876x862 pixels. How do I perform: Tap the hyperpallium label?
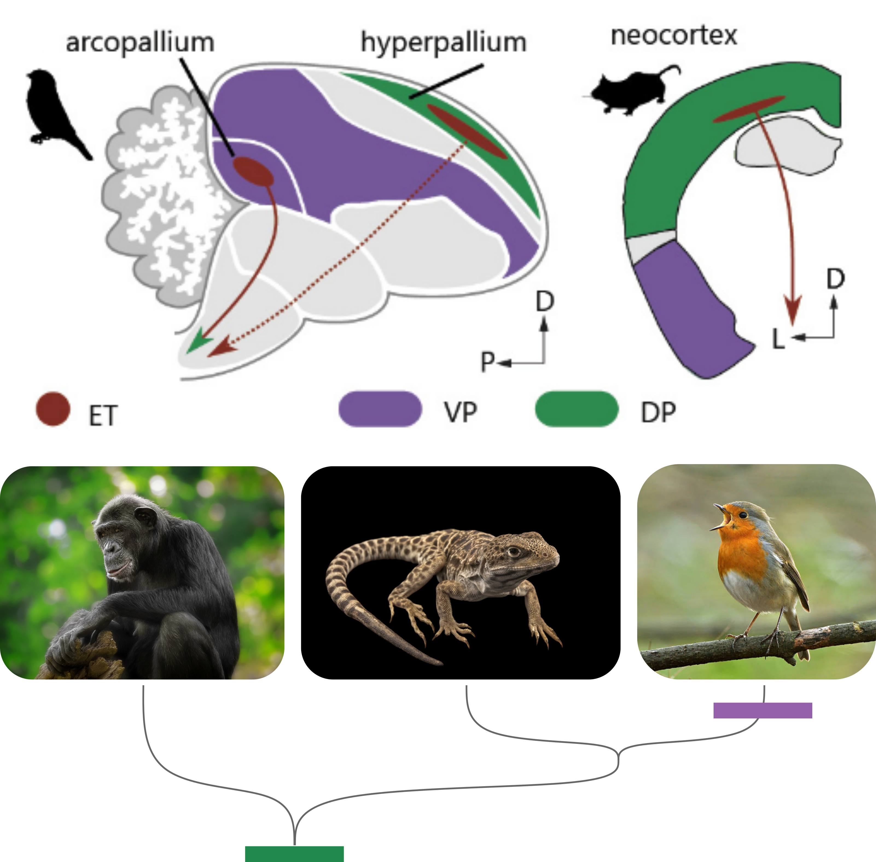click(x=443, y=43)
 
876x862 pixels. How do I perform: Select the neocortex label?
click(x=674, y=36)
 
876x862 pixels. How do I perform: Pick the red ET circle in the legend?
click(x=53, y=409)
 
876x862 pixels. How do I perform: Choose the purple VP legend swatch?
click(x=380, y=409)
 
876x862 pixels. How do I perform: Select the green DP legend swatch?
click(x=576, y=409)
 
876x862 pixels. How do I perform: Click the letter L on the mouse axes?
click(x=778, y=339)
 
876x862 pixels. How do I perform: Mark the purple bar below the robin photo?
click(x=763, y=710)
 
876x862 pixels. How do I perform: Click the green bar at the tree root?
click(x=294, y=854)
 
